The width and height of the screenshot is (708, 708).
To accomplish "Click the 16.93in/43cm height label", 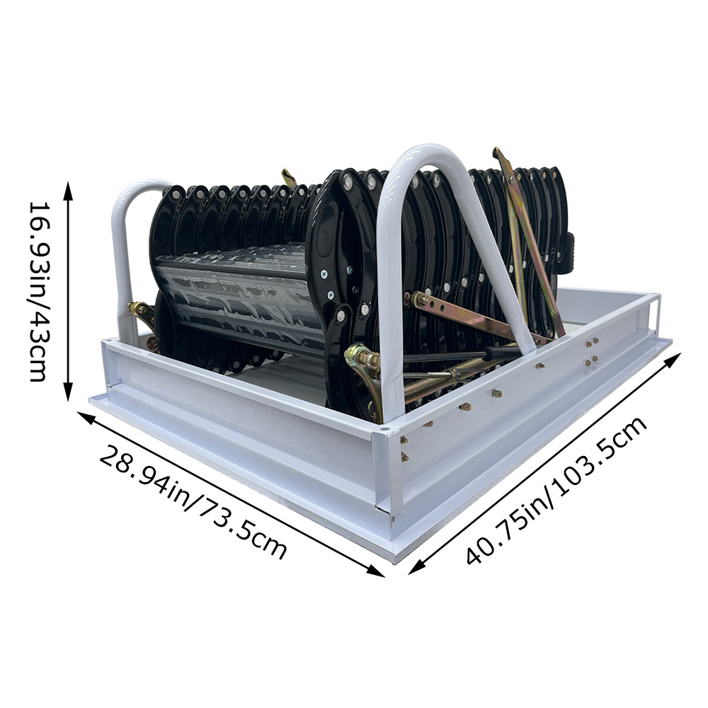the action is coord(38,291).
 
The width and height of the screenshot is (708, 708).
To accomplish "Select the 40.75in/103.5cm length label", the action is coord(556,490).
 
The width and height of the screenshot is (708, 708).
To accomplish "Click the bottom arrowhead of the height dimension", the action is coord(68,392).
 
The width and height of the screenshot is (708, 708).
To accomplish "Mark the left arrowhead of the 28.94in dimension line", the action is coord(85,416).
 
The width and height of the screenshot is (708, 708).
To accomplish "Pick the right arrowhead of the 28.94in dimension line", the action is coord(376,571).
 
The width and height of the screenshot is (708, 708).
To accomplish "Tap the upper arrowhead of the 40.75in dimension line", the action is coord(673,361).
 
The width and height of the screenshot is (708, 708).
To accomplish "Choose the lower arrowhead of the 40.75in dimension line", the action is coord(416,566).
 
